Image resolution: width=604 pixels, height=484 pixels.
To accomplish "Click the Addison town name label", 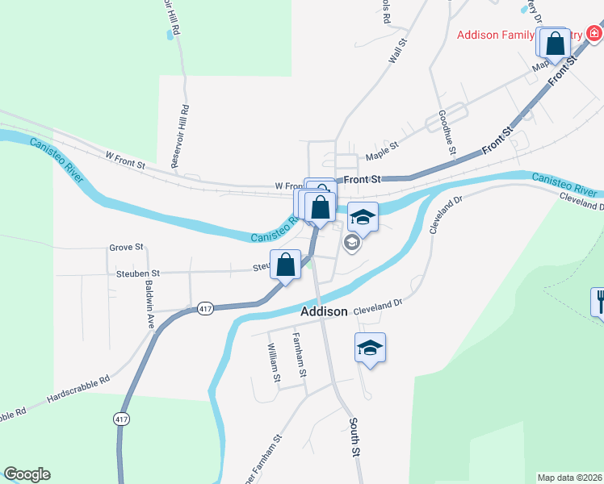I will coord(324,311).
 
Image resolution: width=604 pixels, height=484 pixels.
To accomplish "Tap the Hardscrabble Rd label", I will coord(78,389).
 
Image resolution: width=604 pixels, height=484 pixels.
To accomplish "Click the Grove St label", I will coord(126,247).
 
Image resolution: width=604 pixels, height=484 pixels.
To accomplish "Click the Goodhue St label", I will coord(447,133).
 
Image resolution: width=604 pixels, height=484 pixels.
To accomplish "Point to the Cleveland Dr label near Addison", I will coord(376,306).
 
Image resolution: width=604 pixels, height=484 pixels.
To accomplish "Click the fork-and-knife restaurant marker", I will coord(598,302).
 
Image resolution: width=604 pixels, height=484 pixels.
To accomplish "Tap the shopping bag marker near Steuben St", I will coord(285,264).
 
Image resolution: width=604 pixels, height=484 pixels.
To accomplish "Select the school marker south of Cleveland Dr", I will coord(370,348).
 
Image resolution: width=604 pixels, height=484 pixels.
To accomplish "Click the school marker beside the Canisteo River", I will coord(363,216).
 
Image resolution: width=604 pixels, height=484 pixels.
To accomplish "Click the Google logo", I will coord(27,474).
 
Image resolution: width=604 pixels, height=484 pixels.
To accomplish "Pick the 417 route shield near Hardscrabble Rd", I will coord(121,419).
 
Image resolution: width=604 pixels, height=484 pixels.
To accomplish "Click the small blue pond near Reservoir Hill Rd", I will coord(169,35).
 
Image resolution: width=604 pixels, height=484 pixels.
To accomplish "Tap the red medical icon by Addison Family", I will coord(594,33).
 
